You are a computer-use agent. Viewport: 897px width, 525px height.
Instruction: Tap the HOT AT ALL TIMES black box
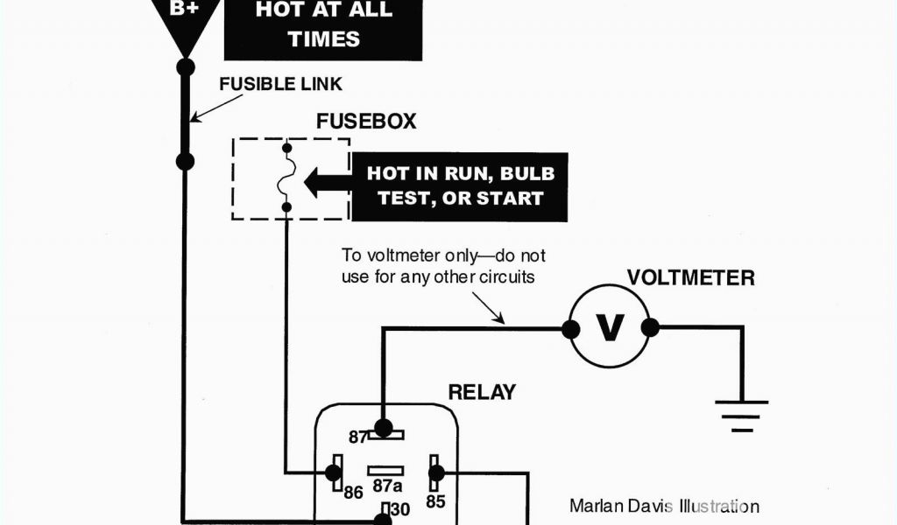323,25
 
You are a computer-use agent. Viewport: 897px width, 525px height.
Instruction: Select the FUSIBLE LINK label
279,85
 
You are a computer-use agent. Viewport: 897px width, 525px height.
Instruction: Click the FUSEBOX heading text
366,122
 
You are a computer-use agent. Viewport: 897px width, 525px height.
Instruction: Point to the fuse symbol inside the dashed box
286,178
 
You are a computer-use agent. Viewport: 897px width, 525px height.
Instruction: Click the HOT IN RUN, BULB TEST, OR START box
459,185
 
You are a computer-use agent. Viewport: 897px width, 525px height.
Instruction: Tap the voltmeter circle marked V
610,327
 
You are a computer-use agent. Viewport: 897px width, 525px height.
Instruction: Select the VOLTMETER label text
690,279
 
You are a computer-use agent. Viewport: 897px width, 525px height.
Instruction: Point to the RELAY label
482,392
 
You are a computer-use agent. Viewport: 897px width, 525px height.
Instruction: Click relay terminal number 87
357,437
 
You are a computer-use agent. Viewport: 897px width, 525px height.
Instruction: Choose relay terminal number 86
353,493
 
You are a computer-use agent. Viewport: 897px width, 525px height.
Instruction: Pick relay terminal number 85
435,501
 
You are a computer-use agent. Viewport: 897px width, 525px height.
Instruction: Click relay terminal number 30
399,508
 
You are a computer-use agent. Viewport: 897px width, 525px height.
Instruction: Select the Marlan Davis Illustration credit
664,506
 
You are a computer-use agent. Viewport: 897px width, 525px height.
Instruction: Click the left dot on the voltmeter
570,329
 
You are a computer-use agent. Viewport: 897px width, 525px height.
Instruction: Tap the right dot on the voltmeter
650,328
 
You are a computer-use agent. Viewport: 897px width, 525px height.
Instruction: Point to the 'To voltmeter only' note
443,266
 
